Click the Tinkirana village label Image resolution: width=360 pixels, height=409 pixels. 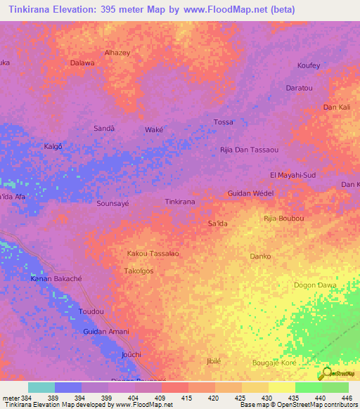179,202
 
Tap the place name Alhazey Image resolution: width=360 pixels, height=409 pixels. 117,53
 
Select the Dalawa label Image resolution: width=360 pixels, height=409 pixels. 82,63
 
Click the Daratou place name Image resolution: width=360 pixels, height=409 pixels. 299,88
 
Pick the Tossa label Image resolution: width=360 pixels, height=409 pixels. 223,122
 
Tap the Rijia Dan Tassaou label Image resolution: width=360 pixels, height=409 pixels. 249,150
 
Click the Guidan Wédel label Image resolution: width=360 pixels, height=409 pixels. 250,193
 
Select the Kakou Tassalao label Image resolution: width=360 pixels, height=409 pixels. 153,253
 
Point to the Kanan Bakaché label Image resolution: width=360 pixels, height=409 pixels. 56,279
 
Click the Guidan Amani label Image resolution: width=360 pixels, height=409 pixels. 105,331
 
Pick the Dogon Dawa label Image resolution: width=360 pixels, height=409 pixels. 314,285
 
